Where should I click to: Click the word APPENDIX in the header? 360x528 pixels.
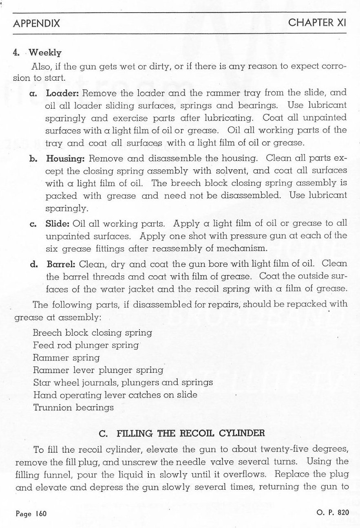pos(37,24)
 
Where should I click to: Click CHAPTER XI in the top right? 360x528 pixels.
pos(317,23)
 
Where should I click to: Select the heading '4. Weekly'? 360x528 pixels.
pos(37,53)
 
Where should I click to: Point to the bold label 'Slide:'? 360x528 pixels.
pos(58,223)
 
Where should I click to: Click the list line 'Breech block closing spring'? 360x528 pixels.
pos(92,332)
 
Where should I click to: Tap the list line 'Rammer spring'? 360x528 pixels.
pos(66,358)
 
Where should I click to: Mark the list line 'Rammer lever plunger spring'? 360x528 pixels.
pos(98,370)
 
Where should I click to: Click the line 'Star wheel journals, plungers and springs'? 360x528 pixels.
pos(123,383)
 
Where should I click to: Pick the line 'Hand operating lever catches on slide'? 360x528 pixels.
pos(115,395)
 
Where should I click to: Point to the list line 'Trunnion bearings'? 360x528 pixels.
pos(73,407)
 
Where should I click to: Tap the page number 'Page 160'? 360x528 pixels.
pos(32,514)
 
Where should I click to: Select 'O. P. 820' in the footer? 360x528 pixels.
pos(333,513)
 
